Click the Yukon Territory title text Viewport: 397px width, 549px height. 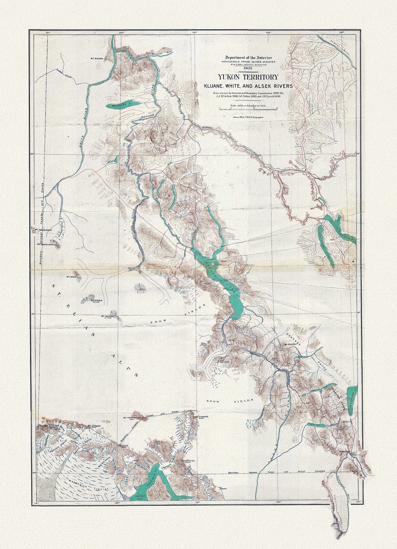click(248, 77)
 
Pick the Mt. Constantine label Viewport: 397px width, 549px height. click(47, 236)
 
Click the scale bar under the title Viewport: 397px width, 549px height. click(248, 109)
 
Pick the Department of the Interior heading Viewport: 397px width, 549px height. click(248, 57)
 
